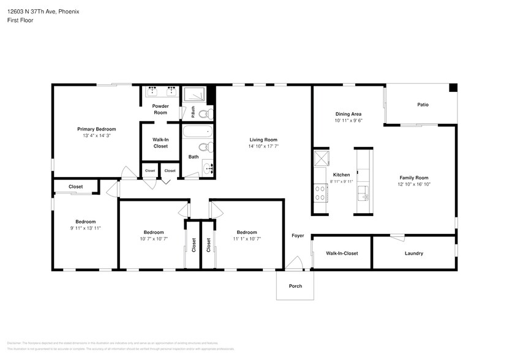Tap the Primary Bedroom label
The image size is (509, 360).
(96, 129)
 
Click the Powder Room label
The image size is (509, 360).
(160, 110)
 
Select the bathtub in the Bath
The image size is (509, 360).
(197, 131)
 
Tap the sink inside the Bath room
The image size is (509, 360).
(207, 167)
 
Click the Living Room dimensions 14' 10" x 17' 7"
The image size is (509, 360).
(263, 146)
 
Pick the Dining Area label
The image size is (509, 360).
(348, 114)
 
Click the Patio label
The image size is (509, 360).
(423, 105)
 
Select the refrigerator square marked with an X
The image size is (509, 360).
(321, 159)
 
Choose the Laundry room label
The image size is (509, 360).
(413, 253)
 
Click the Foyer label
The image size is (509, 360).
(298, 235)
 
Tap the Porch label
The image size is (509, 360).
(295, 286)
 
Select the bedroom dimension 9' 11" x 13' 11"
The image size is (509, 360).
(85, 228)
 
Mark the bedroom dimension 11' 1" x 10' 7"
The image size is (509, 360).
(247, 239)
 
